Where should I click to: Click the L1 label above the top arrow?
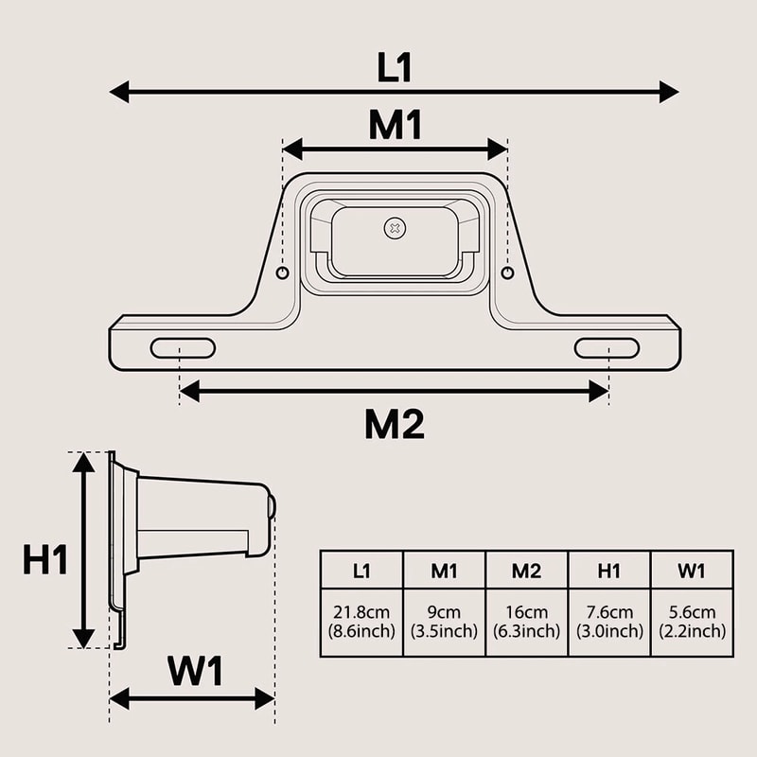pyautogui.click(x=395, y=68)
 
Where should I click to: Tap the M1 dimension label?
pyautogui.click(x=395, y=126)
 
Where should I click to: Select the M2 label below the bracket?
pyautogui.click(x=395, y=426)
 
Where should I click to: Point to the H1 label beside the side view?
pyautogui.click(x=45, y=560)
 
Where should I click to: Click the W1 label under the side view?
pyautogui.click(x=196, y=672)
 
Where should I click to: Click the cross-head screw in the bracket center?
pyautogui.click(x=395, y=228)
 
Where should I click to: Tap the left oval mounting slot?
pyautogui.click(x=183, y=348)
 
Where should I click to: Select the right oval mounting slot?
pyautogui.click(x=607, y=348)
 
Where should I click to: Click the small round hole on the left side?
pyautogui.click(x=282, y=273)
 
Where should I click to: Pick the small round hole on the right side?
pyautogui.click(x=507, y=273)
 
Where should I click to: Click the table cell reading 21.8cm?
pyautogui.click(x=361, y=622)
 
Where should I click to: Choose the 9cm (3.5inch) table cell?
pyautogui.click(x=444, y=622)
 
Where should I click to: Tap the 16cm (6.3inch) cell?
pyautogui.click(x=526, y=622)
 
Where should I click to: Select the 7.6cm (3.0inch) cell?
pyautogui.click(x=608, y=622)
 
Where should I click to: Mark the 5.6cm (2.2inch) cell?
pyautogui.click(x=692, y=622)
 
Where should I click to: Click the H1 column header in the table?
pyautogui.click(x=608, y=570)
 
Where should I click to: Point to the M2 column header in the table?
pyautogui.click(x=526, y=570)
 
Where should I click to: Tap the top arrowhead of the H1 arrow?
pyautogui.click(x=84, y=462)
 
